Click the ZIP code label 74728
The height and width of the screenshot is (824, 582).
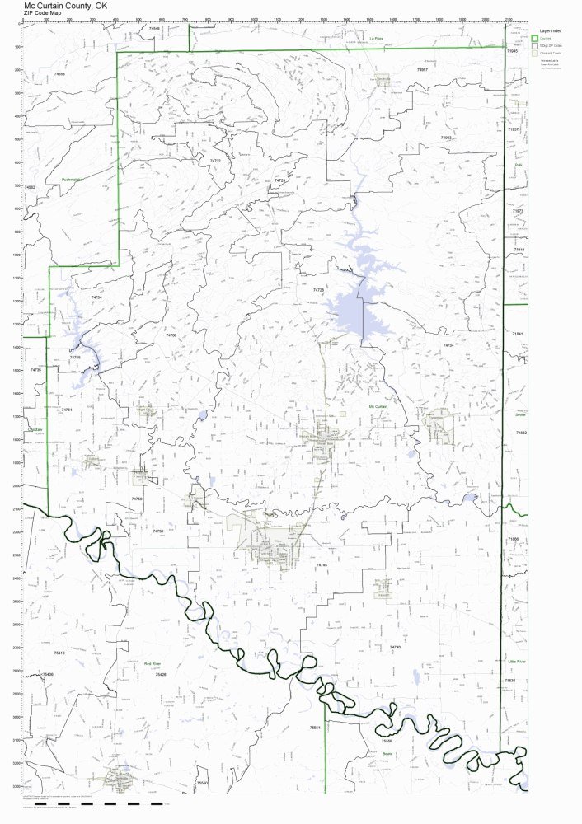319,290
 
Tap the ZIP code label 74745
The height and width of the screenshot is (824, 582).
322,564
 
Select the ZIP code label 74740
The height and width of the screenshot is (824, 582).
395,648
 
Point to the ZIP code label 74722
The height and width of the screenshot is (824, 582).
215,161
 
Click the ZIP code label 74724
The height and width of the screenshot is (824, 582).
279,180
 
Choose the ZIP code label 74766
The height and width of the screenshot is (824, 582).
171,335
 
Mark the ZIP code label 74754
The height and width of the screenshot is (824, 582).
96,297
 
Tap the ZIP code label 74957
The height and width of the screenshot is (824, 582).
422,70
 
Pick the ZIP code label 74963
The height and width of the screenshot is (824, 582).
446,138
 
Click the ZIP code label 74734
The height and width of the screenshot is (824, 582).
448,345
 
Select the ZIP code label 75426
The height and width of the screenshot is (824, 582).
161,674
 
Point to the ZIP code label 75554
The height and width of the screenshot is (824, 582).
314,728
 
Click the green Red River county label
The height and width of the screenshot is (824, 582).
153,663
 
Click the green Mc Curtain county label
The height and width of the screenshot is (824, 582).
378,406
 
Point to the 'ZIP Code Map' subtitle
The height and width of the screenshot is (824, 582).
42,13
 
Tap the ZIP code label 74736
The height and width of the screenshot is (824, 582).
158,531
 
